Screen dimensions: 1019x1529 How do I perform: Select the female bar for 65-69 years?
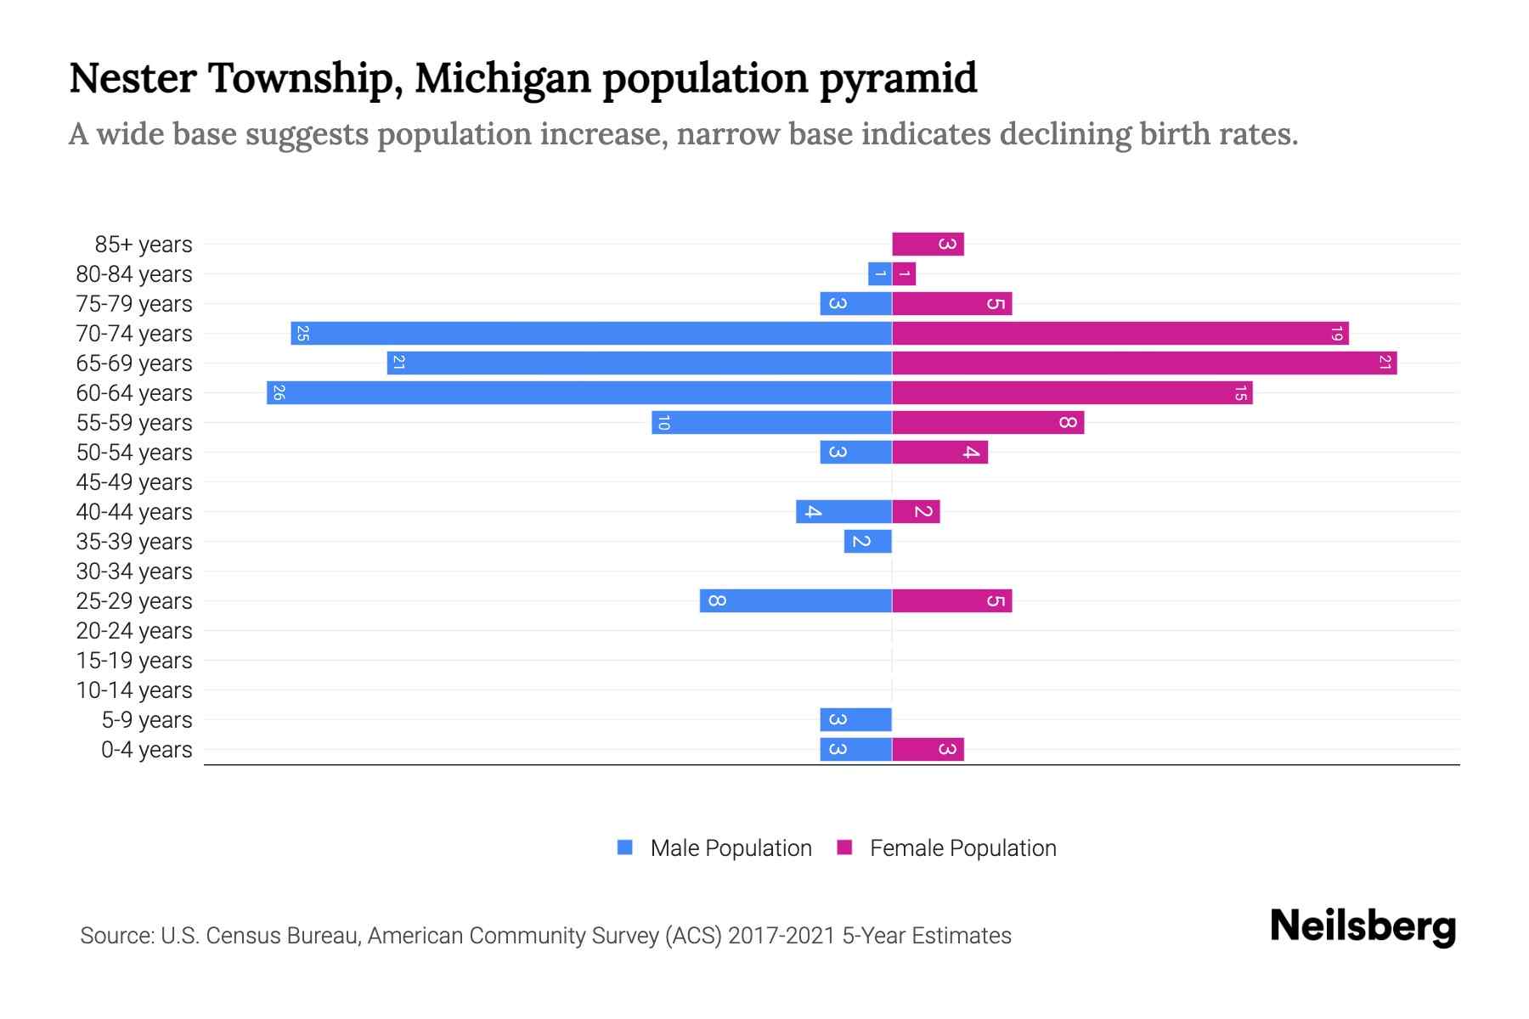1144,363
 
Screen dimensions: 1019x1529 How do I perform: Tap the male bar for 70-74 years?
591,333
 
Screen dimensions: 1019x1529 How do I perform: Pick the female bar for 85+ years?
928,244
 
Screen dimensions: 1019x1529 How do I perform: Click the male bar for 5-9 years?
855,719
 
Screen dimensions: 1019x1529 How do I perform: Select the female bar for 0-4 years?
928,749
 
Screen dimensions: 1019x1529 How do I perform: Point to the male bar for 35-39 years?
867,541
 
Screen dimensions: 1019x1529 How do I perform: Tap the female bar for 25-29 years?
951,600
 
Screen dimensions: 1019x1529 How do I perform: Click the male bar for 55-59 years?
771,422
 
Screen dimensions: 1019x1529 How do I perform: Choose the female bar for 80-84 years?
904,273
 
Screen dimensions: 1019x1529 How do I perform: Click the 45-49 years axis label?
134,482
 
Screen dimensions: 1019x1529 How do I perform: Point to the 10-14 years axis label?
134,690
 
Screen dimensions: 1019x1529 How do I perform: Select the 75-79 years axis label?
134,304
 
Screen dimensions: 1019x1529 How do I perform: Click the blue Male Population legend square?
625,847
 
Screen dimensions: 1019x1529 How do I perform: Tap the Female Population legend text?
962,847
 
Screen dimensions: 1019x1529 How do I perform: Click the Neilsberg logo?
1363,926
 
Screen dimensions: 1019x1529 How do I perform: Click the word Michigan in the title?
503,78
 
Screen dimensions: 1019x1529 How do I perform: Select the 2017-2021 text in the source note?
781,936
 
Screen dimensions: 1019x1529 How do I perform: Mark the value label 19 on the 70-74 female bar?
1336,333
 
